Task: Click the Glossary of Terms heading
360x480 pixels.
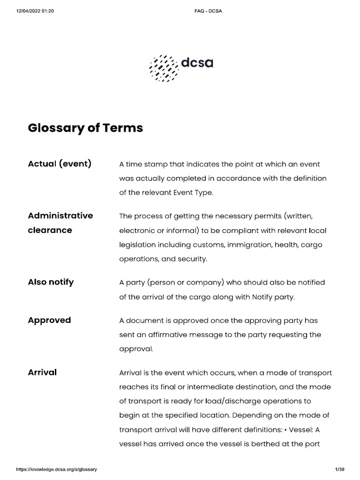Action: click(85, 127)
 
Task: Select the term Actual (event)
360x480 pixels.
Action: click(60, 164)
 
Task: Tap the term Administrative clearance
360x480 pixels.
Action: click(60, 223)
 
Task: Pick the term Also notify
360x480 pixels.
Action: click(51, 282)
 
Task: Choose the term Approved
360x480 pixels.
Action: click(49, 320)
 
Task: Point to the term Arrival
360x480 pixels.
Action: click(42, 372)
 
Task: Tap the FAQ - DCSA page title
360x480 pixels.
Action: click(208, 11)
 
